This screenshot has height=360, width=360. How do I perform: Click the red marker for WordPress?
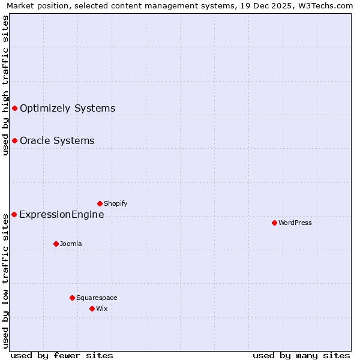pos(274,223)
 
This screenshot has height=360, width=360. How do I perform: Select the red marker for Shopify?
pos(100,203)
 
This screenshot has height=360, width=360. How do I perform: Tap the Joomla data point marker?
pos(56,244)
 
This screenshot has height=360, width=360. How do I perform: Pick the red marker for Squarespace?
pos(72,298)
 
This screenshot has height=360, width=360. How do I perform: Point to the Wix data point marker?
pos(92,308)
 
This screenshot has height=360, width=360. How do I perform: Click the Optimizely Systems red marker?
pos(14,108)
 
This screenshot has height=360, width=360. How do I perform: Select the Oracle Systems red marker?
pos(14,140)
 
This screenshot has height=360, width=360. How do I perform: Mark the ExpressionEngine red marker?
pos(14,214)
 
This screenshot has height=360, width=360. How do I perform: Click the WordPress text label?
pos(295,223)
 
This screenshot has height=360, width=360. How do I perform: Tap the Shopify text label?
pos(116,203)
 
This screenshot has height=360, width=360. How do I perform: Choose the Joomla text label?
pos(71,244)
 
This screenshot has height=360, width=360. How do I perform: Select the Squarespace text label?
pos(97,298)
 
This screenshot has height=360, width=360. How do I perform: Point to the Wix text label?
pos(102,308)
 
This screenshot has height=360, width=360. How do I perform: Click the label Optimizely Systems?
pos(67,108)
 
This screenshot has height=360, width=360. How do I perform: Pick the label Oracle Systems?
pos(57,140)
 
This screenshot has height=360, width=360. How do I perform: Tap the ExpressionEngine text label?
pos(62,214)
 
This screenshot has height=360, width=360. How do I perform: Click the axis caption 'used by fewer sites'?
pos(62,355)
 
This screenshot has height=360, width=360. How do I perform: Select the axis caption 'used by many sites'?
pos(301,355)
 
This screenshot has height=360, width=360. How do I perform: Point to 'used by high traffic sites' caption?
pos(5,85)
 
